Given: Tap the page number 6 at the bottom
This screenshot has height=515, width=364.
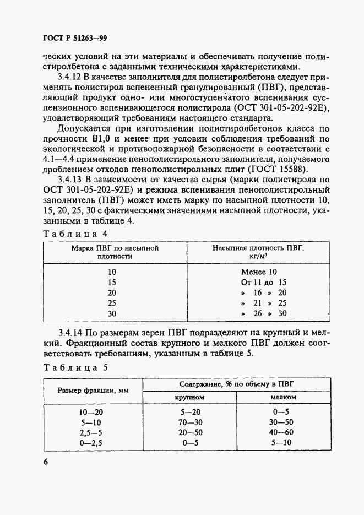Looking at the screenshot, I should coord(46,461).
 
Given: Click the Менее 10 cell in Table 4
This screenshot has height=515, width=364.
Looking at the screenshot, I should coord(259,272).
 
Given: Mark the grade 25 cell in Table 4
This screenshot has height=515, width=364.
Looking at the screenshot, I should coord(112,303).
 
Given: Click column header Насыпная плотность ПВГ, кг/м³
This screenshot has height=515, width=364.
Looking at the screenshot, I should coord(259,252).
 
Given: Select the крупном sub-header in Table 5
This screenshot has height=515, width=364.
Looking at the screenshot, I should coord(189,397).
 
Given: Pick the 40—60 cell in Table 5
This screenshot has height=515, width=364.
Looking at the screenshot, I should coord(283,432).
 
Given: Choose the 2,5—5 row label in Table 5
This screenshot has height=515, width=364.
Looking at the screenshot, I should coord(91,432).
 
